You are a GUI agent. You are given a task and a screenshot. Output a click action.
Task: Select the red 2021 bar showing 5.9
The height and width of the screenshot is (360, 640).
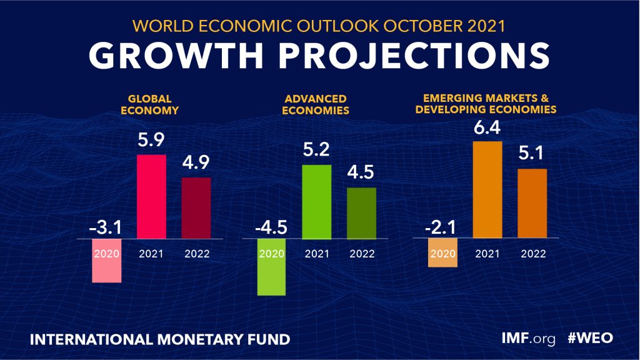click(151, 196)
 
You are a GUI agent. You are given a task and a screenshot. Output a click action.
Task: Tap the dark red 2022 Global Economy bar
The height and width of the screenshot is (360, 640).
click(196, 208)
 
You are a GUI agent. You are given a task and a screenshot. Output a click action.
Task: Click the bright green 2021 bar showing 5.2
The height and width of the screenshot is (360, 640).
click(317, 201)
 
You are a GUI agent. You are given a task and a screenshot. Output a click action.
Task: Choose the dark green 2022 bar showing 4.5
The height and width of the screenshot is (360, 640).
click(362, 213)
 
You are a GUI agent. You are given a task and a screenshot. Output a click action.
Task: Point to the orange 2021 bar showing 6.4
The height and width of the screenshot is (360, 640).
click(487, 190)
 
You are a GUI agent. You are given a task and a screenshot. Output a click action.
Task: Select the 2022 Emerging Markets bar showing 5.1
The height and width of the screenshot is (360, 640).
click(532, 204)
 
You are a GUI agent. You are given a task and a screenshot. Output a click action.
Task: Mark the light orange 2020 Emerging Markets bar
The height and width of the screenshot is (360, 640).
click(443, 253)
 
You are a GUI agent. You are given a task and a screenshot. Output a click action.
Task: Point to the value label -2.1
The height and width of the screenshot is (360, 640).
click(442, 228)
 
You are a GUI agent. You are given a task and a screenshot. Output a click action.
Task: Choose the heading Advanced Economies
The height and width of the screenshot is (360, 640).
click(316, 104)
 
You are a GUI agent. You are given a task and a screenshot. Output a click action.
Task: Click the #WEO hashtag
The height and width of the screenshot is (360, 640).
click(590, 338)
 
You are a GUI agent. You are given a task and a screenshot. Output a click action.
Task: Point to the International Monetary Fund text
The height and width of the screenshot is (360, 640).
click(160, 339)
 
